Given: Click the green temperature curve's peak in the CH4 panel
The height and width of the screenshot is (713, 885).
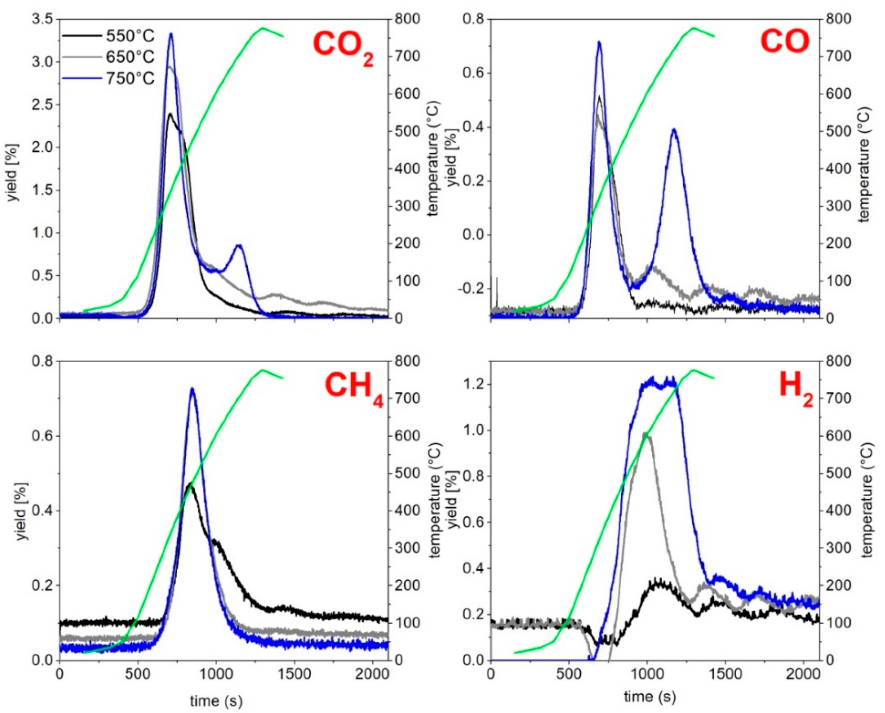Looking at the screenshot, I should [x=262, y=370].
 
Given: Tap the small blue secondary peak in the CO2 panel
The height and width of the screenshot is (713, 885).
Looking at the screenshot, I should [x=239, y=245].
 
